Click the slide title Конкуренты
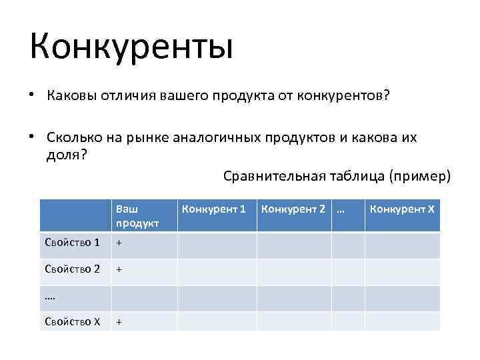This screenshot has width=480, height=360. pos(131,47)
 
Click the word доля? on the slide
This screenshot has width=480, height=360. pos(67,155)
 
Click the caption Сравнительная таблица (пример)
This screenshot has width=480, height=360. pos(337,175)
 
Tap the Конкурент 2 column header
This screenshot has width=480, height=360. pos(293,209)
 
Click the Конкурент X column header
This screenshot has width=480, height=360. pos(402,209)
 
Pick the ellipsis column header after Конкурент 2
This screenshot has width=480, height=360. pos(341,209)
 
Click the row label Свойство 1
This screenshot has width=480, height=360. pos(72,243)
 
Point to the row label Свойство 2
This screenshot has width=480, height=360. pos(72,270)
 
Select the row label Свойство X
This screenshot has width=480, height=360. pos(72,321)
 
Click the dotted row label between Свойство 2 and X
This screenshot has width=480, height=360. pos(51,297)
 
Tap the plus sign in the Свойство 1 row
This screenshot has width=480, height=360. pos(119,243)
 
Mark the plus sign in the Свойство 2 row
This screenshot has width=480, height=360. pos(119,270)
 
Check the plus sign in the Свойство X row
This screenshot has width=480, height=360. pos(119,321)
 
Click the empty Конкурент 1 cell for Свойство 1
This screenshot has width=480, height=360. pos(217,245)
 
